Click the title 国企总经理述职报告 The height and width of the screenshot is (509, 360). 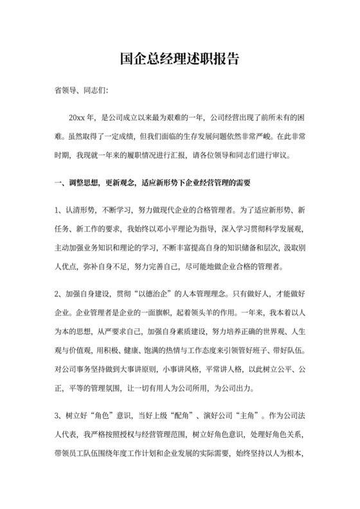tap(179, 59)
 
